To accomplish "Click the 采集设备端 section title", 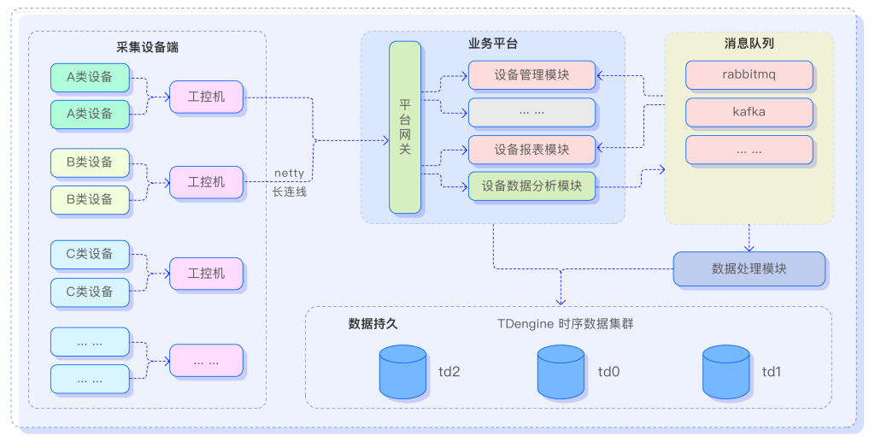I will click(x=147, y=47).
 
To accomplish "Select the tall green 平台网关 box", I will click(x=406, y=126).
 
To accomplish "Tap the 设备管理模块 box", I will click(x=531, y=74).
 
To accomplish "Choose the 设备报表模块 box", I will click(x=531, y=150).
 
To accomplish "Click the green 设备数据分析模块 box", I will click(x=531, y=186).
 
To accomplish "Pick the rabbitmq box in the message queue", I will click(x=749, y=74).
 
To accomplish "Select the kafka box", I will click(x=749, y=112).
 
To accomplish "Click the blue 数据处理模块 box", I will click(x=749, y=268).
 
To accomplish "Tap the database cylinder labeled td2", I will click(x=402, y=372).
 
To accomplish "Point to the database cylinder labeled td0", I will click(x=561, y=372).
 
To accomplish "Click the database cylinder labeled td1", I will click(x=725, y=372).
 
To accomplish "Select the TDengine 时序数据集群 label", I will click(x=565, y=324).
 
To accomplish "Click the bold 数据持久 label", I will click(x=373, y=324).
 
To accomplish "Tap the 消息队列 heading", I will click(x=749, y=43).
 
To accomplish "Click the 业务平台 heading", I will click(x=492, y=43).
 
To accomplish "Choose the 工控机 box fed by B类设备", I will click(x=206, y=181).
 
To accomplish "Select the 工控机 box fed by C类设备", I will click(x=206, y=273).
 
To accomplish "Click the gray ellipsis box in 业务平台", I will click(x=531, y=112).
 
